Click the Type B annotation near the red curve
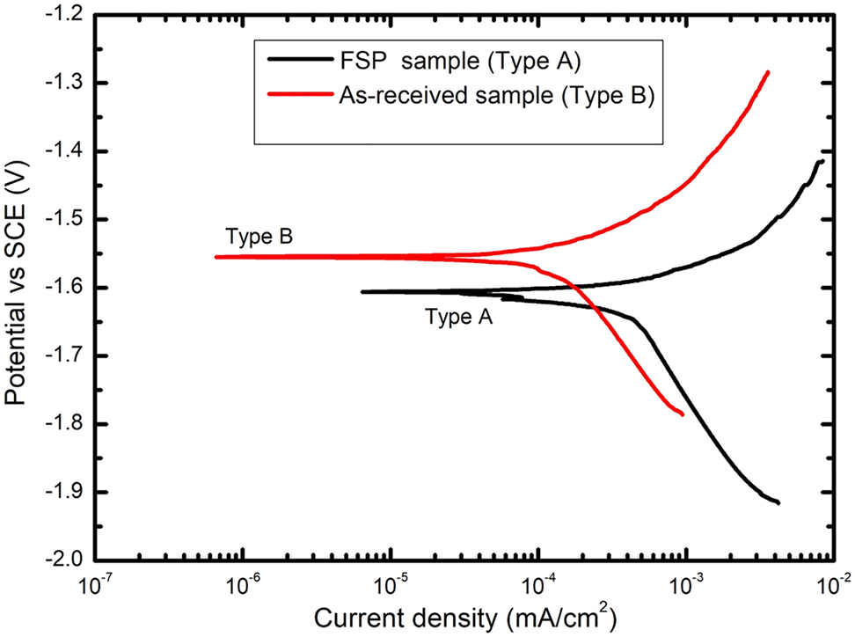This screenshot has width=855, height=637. [259, 237]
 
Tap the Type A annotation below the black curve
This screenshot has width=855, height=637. [458, 318]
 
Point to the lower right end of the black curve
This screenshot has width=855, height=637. [778, 502]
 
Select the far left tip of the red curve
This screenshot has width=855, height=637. [216, 257]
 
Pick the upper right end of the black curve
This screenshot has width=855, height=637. [822, 161]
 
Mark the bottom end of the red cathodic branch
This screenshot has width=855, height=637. [683, 414]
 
